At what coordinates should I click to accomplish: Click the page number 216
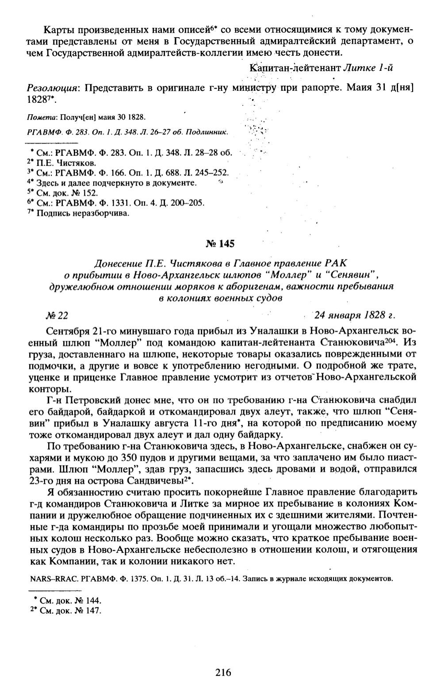[x=223, y=673]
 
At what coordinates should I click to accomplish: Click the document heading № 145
[x=220, y=243]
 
